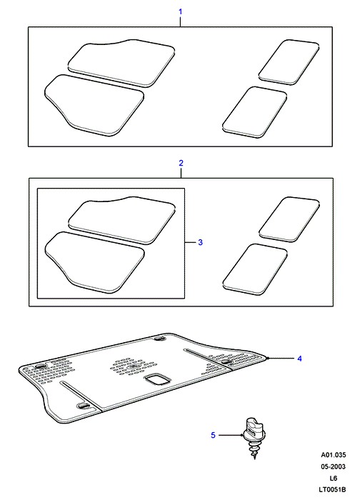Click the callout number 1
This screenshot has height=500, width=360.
point(181,12)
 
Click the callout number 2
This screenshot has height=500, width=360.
point(181,163)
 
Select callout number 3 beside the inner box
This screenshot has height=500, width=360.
point(200,242)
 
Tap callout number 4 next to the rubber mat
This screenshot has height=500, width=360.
point(299,359)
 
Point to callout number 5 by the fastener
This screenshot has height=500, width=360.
point(213,435)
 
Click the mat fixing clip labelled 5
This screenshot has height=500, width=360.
point(254,437)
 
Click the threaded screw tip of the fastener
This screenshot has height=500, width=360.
point(255,457)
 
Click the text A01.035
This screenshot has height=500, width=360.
point(334,455)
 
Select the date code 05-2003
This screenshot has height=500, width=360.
point(334,466)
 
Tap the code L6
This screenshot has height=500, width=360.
point(334,478)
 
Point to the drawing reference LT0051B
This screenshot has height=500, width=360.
point(333,489)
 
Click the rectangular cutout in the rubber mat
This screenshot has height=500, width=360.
point(157,379)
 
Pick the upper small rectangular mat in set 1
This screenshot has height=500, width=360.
point(289,62)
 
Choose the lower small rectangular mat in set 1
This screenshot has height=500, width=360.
point(254,112)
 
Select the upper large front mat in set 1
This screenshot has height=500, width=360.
point(121,63)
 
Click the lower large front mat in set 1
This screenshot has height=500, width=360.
point(94,105)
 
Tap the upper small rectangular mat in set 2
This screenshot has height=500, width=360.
point(289,219)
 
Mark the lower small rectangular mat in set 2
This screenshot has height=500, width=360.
point(255,269)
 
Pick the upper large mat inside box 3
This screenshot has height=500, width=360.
point(122,220)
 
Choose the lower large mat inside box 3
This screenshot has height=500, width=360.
point(95,262)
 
